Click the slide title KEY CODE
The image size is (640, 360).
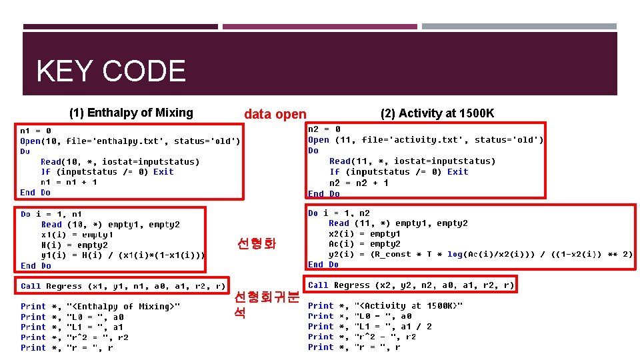coord(111,71)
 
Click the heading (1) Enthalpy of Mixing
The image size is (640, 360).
coord(131,113)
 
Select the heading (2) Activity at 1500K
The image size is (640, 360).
coord(437,113)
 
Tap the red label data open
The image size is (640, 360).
coord(275,114)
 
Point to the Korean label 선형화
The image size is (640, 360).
coord(255,244)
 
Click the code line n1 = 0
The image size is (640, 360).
coord(35,131)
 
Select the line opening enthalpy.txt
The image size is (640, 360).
coord(130,141)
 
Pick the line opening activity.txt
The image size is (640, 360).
coord(425,139)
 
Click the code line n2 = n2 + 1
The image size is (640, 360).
coord(359,183)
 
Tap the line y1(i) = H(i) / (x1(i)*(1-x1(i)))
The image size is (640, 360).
coord(123,255)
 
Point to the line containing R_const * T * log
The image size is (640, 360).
coord(480,254)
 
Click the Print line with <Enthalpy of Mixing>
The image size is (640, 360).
coord(100,307)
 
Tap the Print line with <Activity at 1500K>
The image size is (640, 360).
coord(385,305)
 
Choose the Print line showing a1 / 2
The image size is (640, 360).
coord(369,326)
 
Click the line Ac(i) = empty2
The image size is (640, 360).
coord(364,244)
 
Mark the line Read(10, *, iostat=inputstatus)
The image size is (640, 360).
coord(120,161)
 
